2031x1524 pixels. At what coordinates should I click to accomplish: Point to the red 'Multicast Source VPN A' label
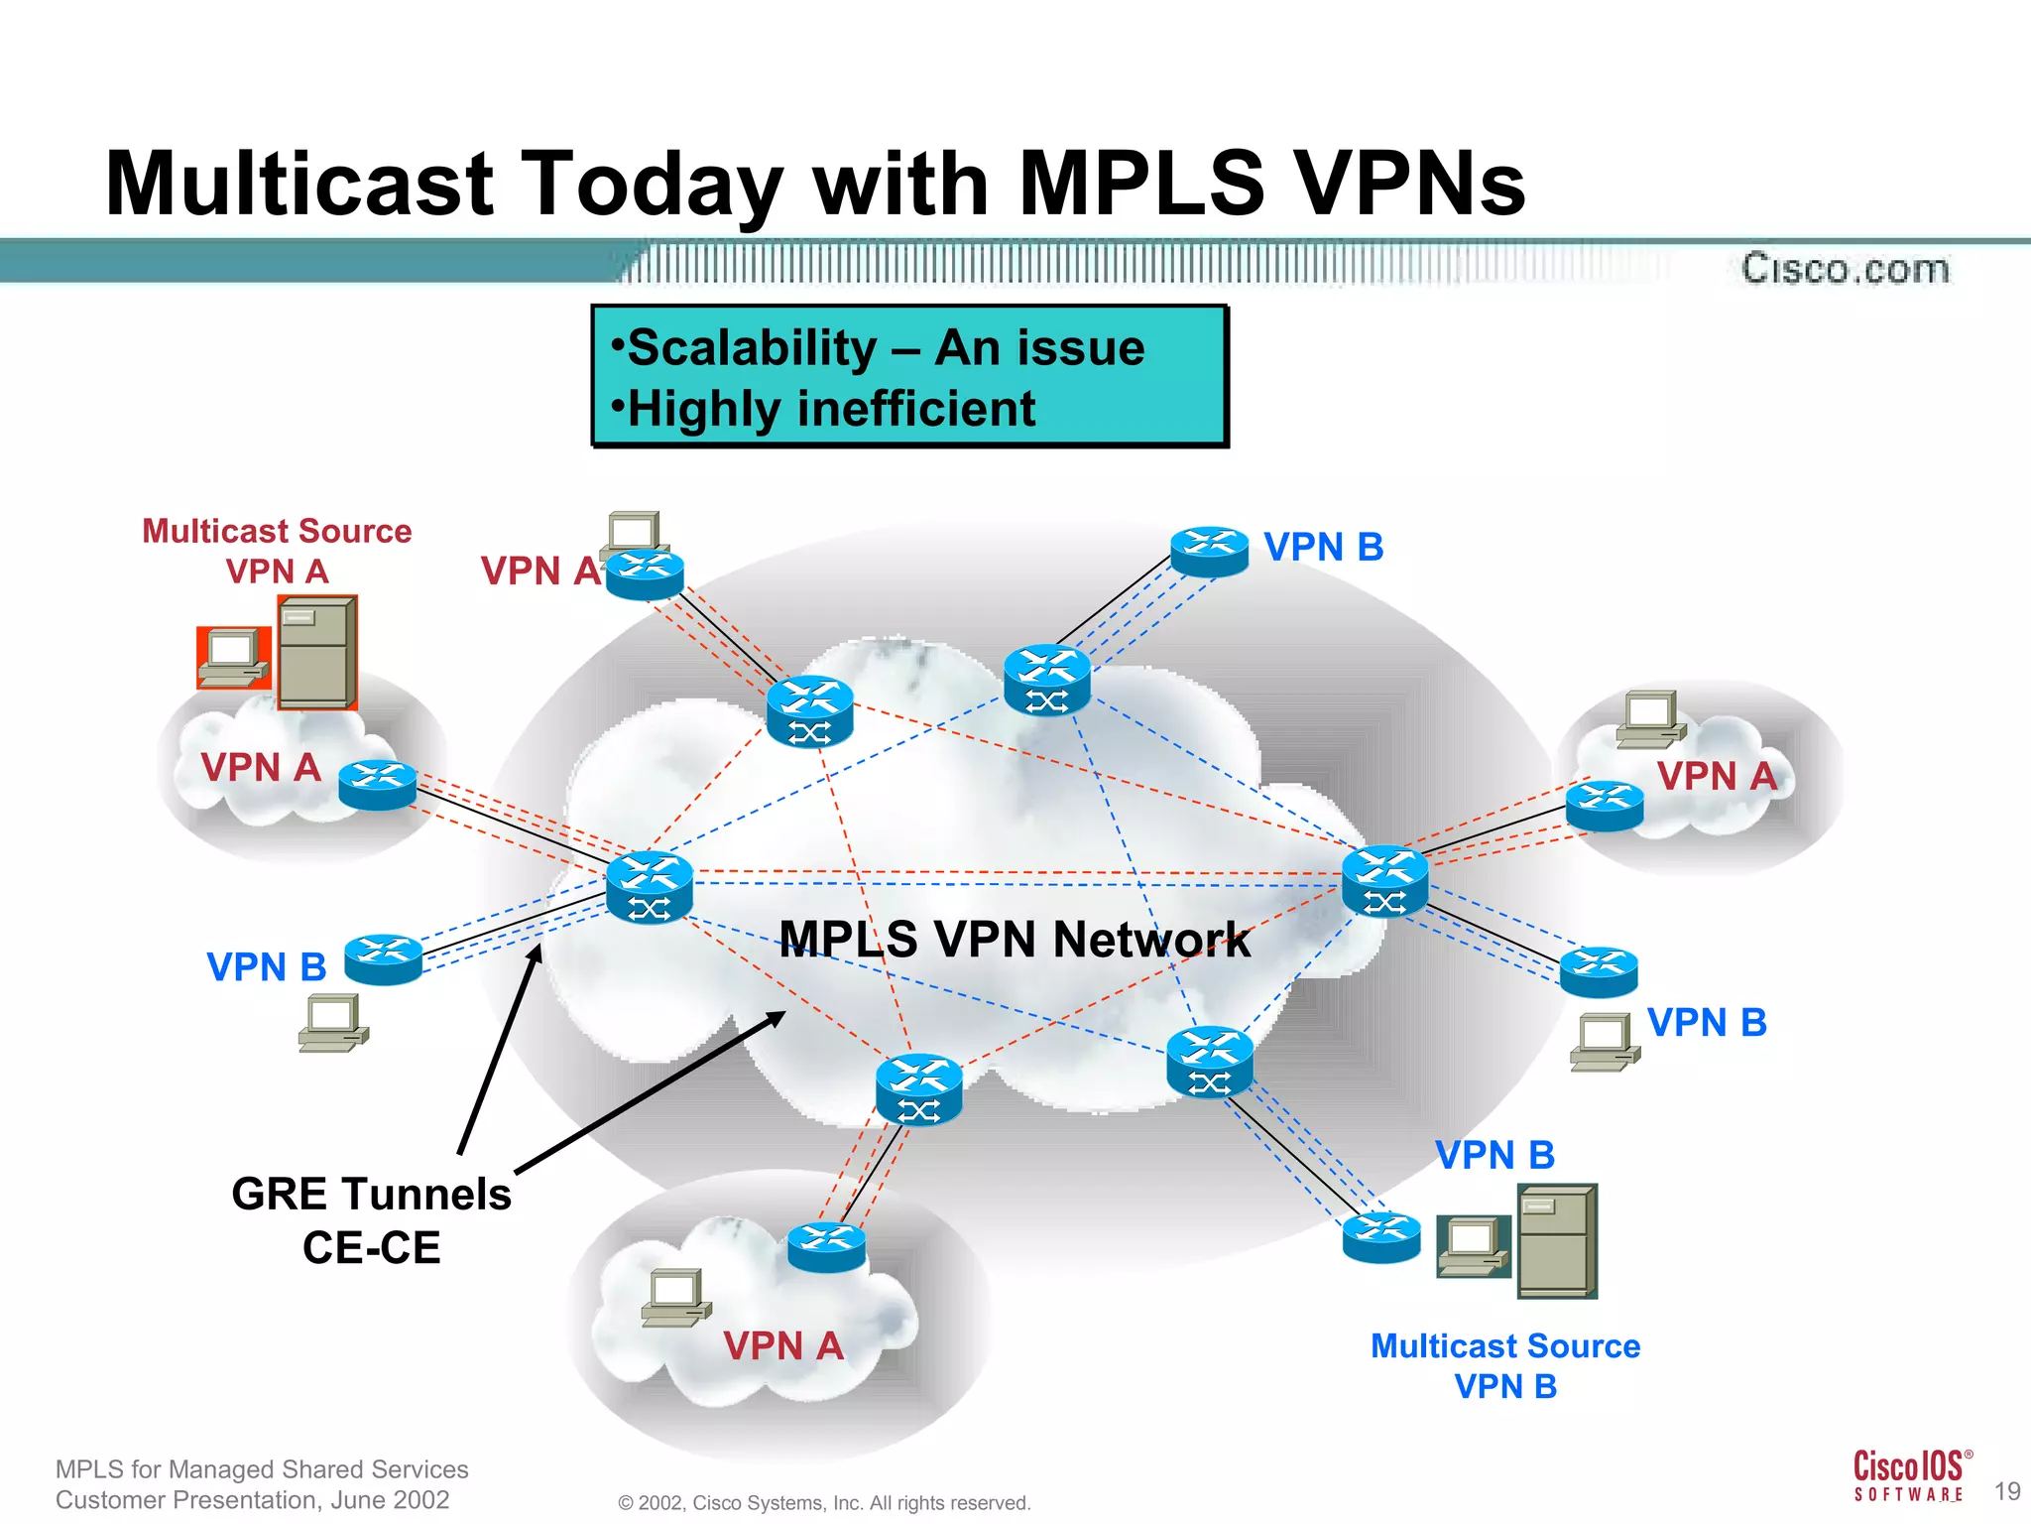[x=277, y=551]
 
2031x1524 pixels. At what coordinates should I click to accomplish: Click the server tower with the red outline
[x=317, y=652]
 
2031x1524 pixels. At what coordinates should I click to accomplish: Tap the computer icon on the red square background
[x=233, y=657]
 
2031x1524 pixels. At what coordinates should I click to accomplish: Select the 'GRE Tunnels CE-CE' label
[x=371, y=1220]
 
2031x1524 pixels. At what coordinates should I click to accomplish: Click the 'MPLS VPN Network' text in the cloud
[x=1014, y=939]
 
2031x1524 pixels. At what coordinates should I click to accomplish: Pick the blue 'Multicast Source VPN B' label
[x=1504, y=1365]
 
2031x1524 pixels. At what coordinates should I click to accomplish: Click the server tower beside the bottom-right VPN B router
[x=1557, y=1240]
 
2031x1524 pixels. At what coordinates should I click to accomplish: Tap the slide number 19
[x=2006, y=1491]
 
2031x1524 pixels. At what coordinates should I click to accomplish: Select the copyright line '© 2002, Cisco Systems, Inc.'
[x=824, y=1503]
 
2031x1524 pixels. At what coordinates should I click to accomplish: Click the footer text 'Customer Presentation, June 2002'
[x=252, y=1499]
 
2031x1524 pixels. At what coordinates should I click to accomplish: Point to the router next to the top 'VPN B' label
[x=1209, y=551]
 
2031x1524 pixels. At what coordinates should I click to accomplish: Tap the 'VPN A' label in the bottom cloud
[x=782, y=1346]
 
